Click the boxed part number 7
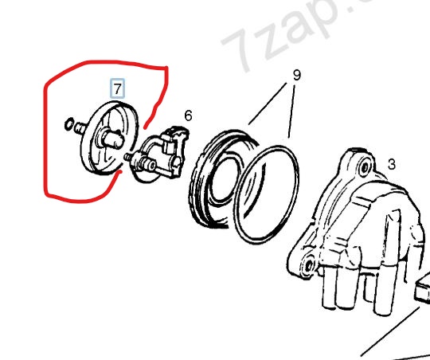(x=117, y=88)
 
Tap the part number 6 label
(x=188, y=115)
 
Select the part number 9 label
(x=297, y=75)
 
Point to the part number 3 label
(x=392, y=164)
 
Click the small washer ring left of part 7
(x=68, y=124)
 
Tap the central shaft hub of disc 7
(x=113, y=139)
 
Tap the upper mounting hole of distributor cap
(x=365, y=166)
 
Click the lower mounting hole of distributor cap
(x=309, y=264)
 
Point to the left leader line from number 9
(x=268, y=104)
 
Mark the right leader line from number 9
(x=291, y=112)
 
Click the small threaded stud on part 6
(x=127, y=157)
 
